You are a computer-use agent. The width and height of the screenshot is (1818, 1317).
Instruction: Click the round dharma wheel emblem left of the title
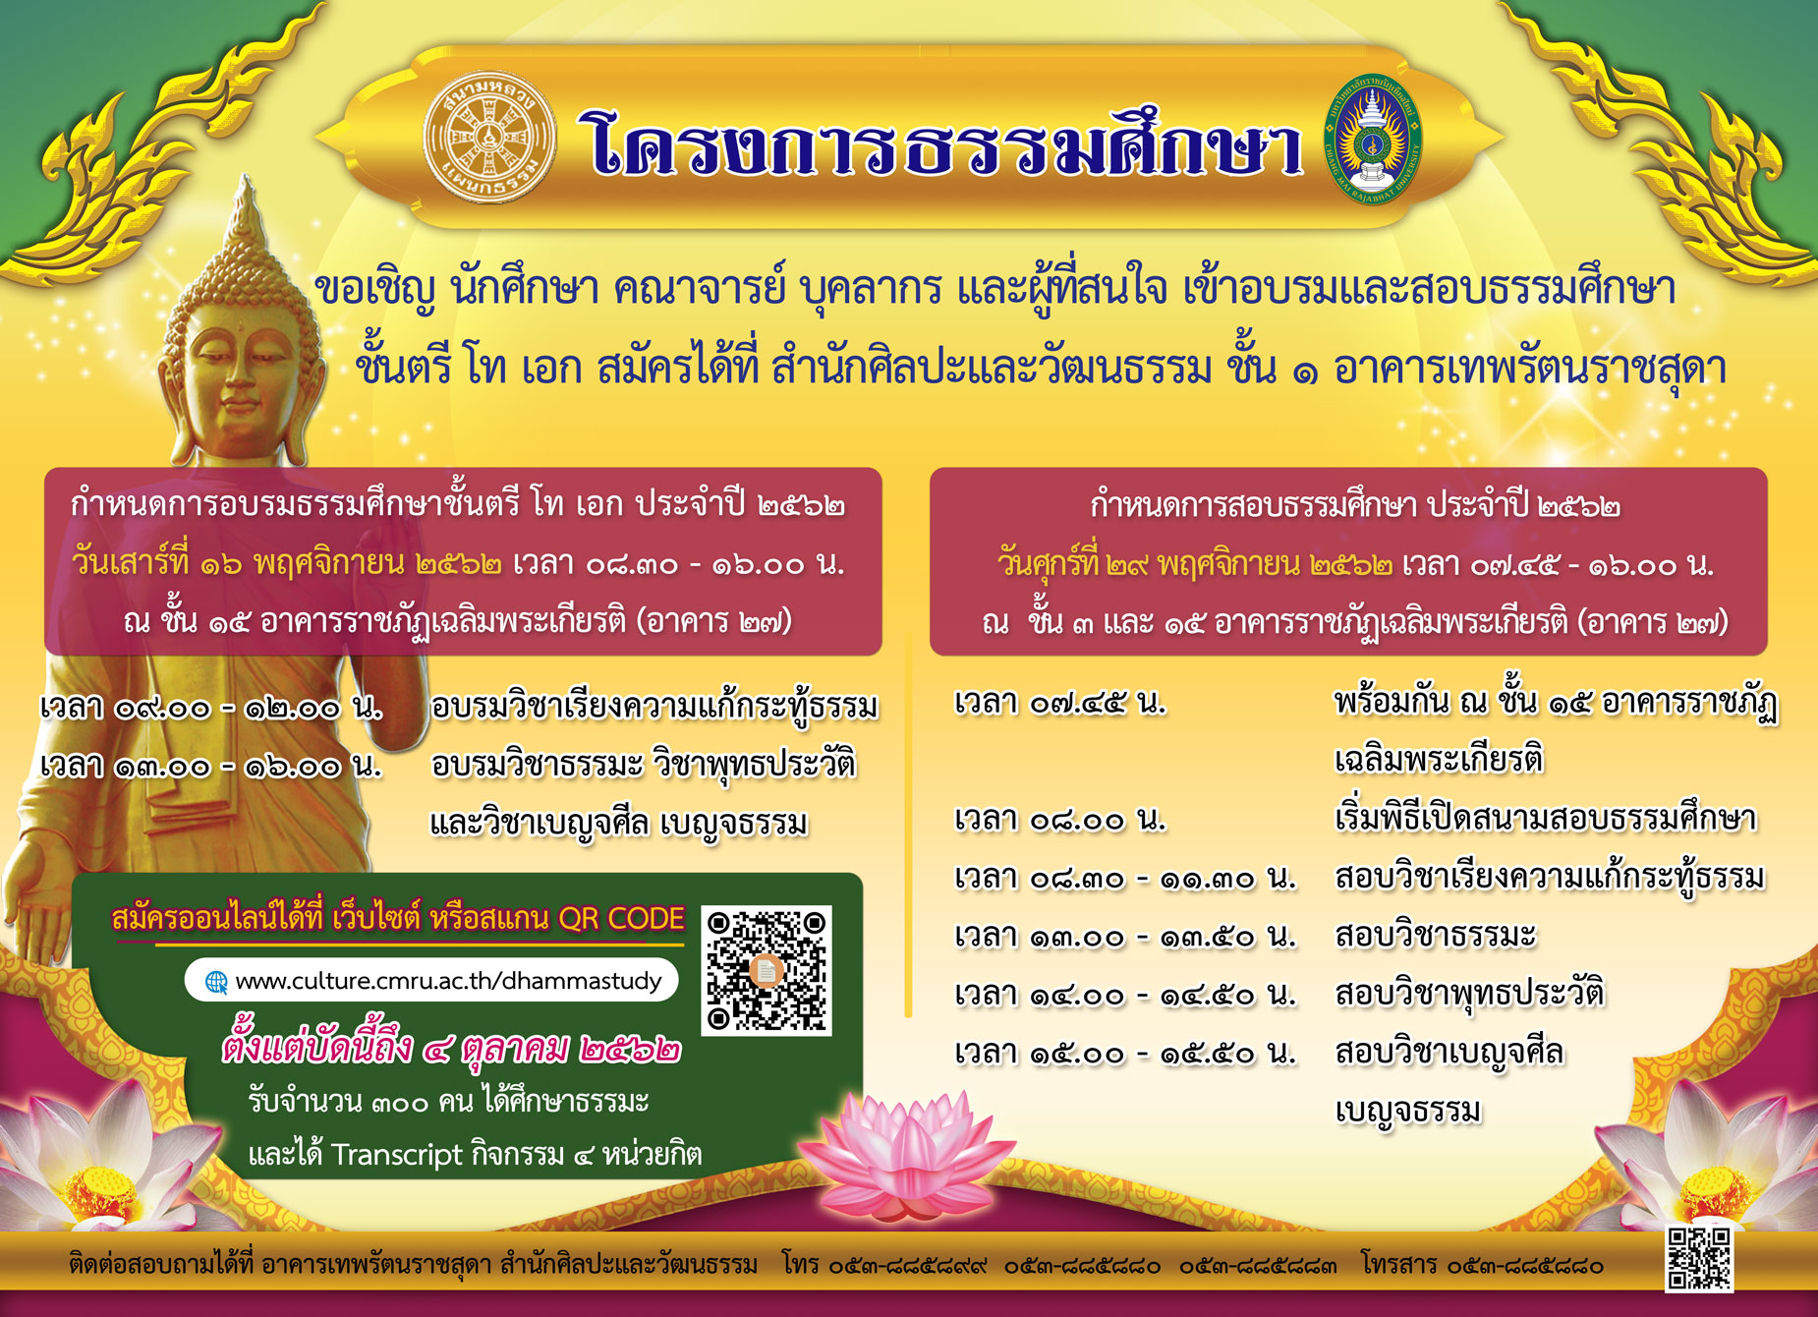coord(489,137)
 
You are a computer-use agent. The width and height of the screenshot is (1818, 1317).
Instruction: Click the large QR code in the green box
coord(767,970)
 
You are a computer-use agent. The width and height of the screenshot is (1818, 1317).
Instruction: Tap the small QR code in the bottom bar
coord(1699,1258)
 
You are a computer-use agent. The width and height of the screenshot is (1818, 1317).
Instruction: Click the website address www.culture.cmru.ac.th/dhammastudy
coord(448,981)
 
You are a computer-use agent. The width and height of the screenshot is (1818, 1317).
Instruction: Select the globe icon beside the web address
coord(215,982)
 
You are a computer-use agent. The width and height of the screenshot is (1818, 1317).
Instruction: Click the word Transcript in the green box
coord(396,1154)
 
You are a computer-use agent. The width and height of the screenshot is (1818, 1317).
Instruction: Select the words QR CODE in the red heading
coord(621,918)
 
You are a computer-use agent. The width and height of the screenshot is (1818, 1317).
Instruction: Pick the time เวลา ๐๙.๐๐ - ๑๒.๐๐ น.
coord(211,707)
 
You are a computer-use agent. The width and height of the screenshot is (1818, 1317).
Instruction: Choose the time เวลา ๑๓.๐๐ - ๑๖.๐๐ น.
coord(211,765)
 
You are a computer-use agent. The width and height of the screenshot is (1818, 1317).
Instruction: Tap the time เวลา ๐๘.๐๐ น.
coord(1060,819)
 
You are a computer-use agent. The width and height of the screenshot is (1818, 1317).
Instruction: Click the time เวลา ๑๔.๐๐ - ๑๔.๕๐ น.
coord(1125,995)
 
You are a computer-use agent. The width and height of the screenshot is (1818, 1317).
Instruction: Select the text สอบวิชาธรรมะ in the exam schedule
coord(1435,935)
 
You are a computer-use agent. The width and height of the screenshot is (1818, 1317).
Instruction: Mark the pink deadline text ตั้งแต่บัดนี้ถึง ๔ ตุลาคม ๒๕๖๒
coord(451,1048)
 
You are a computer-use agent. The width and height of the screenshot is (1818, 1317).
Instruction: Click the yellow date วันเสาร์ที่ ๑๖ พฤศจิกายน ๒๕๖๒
coord(286,563)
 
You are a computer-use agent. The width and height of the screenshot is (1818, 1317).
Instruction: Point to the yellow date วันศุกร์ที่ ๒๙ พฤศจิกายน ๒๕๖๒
coord(1195,564)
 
